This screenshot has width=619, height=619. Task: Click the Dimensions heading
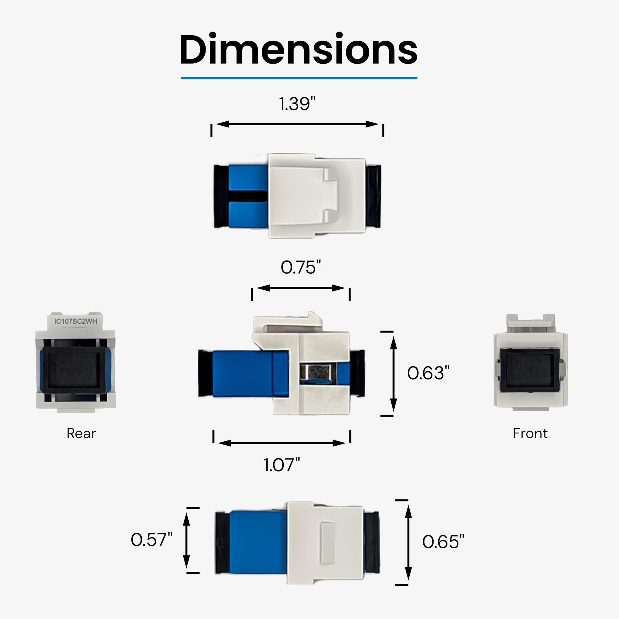pos(299,49)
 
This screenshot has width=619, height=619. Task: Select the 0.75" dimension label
pos(301,267)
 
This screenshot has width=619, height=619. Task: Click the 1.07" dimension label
pos(282,465)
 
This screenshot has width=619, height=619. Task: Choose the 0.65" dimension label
pos(443,542)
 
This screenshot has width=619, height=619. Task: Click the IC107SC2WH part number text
pos(76,321)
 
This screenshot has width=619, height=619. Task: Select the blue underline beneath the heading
pos(299,78)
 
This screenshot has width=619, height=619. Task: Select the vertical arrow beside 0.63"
pos(393,374)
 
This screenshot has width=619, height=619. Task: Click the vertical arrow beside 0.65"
pos(408,542)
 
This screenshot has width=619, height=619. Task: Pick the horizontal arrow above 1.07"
pos(282,443)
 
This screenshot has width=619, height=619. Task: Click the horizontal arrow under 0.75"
pos(301,288)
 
